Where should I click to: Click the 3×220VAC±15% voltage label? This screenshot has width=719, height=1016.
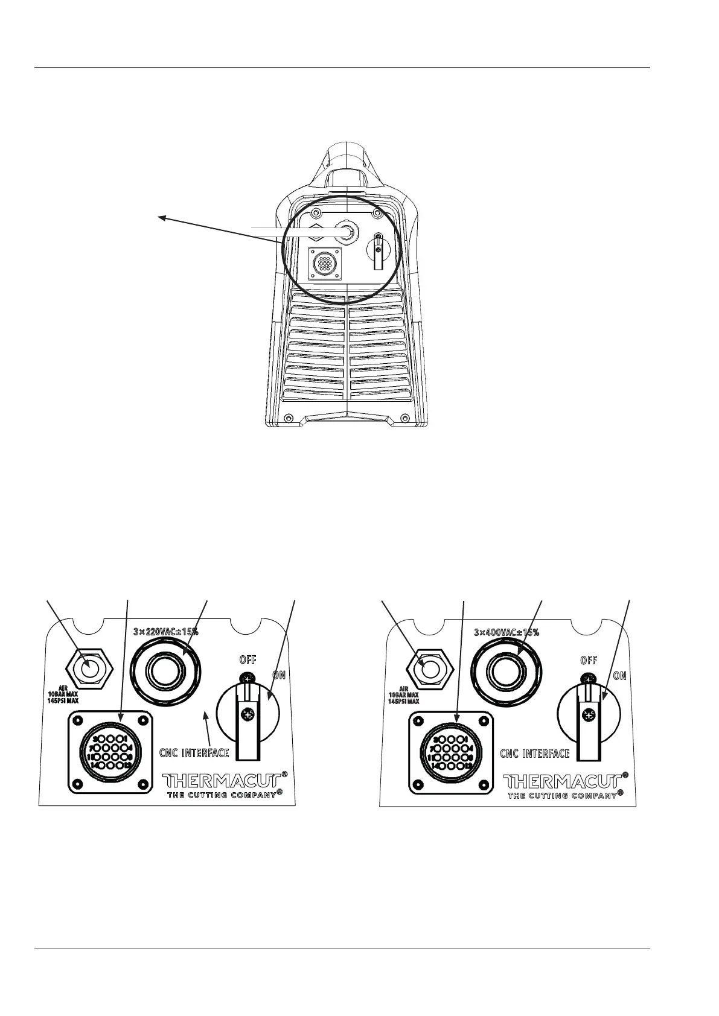pos(165,632)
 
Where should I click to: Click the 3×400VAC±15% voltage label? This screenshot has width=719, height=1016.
pos(506,633)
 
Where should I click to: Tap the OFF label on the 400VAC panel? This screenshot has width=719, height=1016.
pos(589,660)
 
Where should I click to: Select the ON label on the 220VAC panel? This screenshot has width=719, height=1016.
pos(278,675)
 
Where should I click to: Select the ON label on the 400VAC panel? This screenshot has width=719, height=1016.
pos(619,676)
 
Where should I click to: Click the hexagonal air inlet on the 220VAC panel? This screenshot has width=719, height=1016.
pos(89,668)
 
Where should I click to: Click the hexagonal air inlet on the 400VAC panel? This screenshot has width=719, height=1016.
pos(429,669)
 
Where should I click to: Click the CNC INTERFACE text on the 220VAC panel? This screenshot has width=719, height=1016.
pos(194,753)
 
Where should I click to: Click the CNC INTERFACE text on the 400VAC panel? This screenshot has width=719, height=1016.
pos(535,754)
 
